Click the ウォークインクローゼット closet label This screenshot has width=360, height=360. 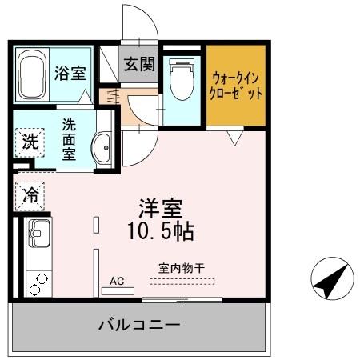click(236, 86)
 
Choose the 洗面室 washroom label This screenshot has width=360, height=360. click(70, 138)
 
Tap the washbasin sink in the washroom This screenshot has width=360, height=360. click(102, 148)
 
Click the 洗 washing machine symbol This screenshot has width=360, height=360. click(29, 143)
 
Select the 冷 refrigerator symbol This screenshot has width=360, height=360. click(30, 193)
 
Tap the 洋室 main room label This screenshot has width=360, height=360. click(159, 207)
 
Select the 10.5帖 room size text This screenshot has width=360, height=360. click(160, 232)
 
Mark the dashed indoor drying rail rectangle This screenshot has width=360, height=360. click(182, 281)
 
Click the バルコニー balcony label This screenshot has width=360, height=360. click(138, 326)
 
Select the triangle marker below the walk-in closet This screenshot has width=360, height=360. click(234, 138)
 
